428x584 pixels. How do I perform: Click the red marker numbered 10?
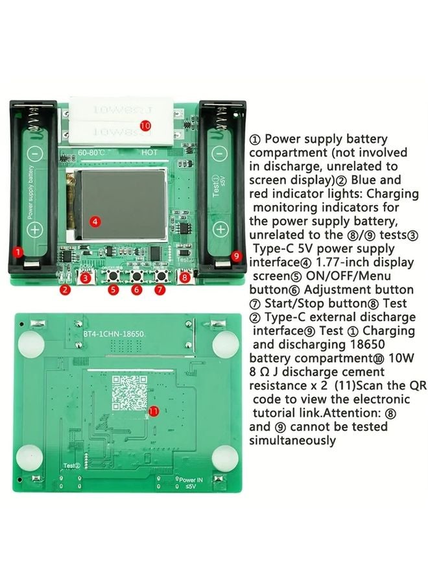point(145,125)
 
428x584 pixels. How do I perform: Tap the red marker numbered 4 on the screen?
point(95,221)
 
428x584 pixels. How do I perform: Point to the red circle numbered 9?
point(236,256)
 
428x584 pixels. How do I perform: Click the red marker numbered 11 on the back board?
point(154,411)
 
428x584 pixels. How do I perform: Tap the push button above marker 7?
point(160,276)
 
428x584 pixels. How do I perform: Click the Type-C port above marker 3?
point(86,276)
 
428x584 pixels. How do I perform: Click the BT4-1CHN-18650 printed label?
point(113,333)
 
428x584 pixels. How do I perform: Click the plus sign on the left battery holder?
point(36,229)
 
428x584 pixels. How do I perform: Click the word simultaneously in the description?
point(292,441)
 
